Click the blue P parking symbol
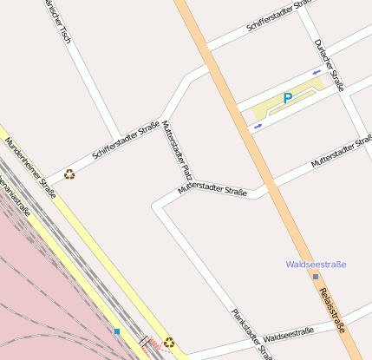[288, 98]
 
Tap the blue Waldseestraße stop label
[317, 264]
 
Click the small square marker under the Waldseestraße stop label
[316, 277]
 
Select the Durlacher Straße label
[330, 65]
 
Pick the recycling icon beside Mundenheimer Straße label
[69, 173]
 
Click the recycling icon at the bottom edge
[169, 343]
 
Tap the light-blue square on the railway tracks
[117, 331]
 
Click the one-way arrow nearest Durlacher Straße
[317, 71]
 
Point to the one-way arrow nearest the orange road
[257, 128]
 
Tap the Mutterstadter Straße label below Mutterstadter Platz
[212, 188]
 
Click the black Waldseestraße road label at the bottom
[288, 334]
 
